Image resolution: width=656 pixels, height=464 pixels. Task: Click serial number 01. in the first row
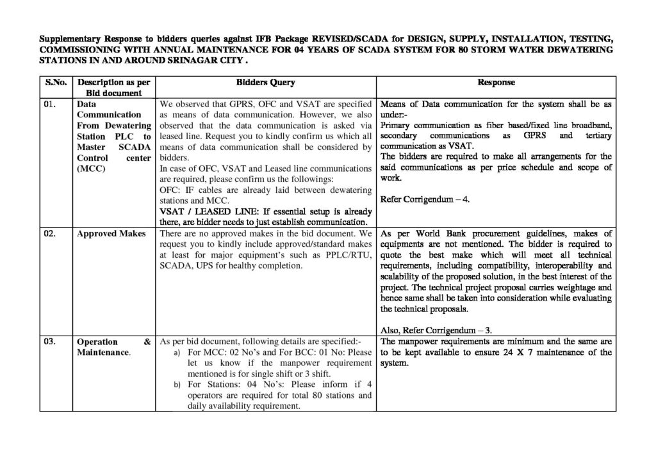(x=51, y=103)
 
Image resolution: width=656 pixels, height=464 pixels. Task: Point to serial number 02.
(x=51, y=234)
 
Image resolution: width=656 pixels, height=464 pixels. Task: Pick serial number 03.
(x=51, y=342)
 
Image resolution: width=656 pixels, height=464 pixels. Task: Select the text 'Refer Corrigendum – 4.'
(x=425, y=199)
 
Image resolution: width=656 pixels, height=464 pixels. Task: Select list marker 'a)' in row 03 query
(x=177, y=353)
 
